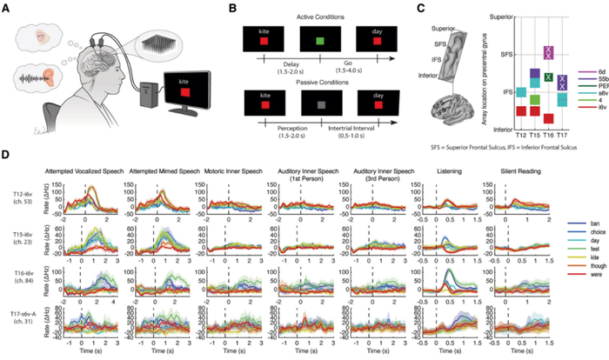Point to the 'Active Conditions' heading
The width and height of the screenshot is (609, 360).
click(318, 12)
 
